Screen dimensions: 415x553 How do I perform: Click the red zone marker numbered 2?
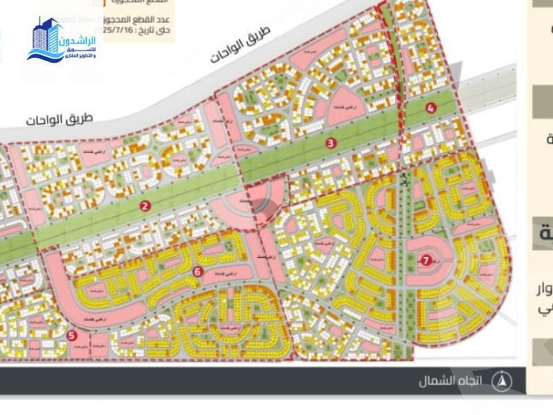coord(145,205)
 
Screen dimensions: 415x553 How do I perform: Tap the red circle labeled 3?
coord(331,143)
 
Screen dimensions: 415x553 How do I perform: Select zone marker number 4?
coord(431,108)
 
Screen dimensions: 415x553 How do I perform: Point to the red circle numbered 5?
coord(72,335)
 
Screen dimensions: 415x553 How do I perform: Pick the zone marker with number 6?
coord(198,272)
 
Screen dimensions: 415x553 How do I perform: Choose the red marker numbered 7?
coord(425,260)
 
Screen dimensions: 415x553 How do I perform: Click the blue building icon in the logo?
coord(46,38)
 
